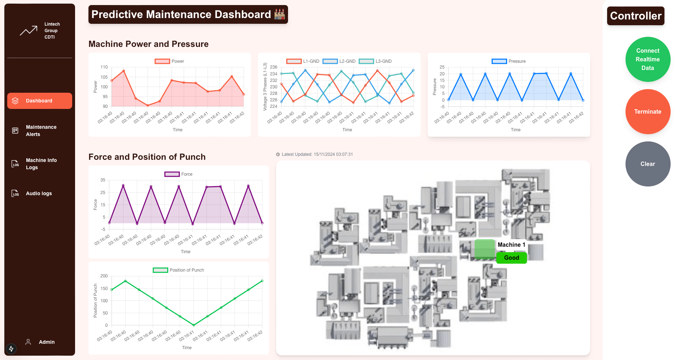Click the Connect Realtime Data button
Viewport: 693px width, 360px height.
tap(648, 60)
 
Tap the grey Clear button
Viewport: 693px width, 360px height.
tap(648, 164)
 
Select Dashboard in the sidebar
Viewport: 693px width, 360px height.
tap(39, 101)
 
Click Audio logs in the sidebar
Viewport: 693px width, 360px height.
tap(39, 194)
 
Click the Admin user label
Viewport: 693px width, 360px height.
tap(47, 342)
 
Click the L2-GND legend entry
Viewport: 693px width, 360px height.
tap(339, 61)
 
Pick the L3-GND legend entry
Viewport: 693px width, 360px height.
tap(375, 61)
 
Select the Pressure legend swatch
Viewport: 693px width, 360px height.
tap(499, 61)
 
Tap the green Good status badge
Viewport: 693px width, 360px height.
tap(511, 258)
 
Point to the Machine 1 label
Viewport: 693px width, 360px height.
tap(511, 245)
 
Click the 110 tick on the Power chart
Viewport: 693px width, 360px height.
tap(104, 67)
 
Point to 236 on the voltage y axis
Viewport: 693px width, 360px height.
tap(274, 67)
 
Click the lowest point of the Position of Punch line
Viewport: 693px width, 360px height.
tap(194, 325)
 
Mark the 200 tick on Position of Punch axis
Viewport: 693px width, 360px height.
tap(104, 276)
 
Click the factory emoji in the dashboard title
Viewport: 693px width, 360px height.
tap(280, 14)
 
